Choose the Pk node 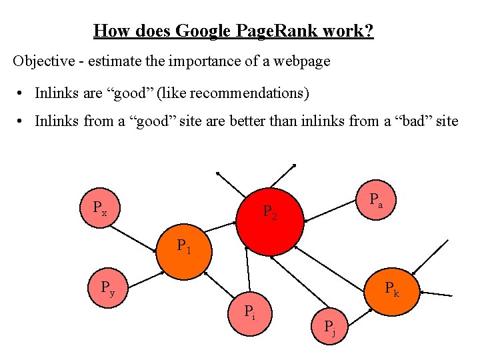tap(393, 289)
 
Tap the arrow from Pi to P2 tap(247, 270)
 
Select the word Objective tap(41, 61)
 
